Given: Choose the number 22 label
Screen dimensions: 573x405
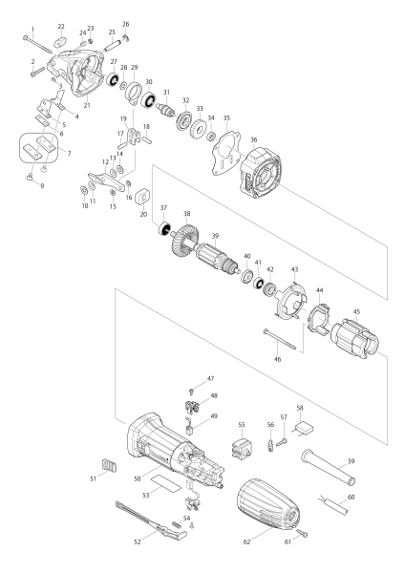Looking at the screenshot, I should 61,26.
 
